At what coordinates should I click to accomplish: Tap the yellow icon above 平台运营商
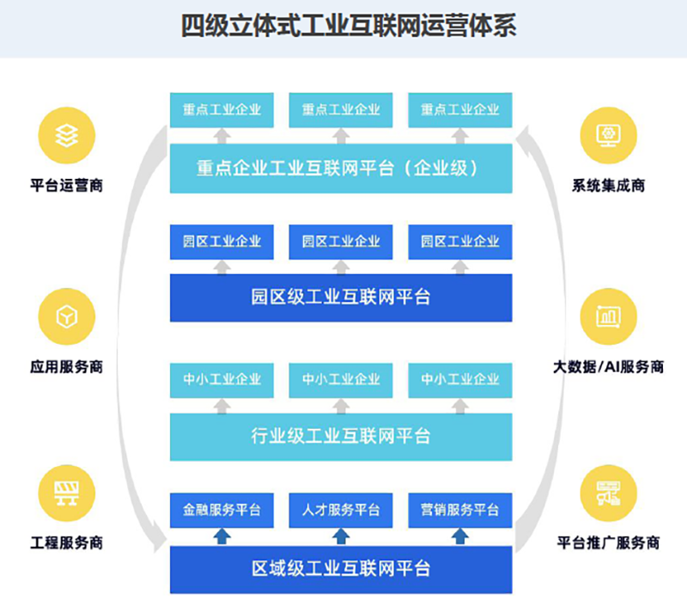tap(66, 135)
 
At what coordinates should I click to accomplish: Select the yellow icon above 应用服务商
tap(66, 316)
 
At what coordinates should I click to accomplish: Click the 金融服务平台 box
tap(222, 510)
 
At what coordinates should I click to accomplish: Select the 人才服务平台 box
tap(341, 510)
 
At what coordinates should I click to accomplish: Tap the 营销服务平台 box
tap(459, 510)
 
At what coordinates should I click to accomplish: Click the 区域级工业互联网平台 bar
tap(341, 569)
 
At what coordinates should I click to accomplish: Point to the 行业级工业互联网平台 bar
tap(341, 436)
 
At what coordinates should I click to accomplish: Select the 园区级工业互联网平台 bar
tap(341, 297)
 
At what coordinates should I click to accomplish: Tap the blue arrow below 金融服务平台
tap(222, 536)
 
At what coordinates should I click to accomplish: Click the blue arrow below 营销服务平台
tap(459, 536)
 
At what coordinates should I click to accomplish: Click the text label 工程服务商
tap(66, 543)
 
